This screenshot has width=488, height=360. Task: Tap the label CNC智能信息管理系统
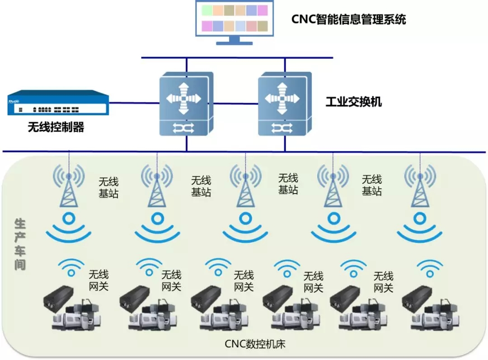[x=348, y=19]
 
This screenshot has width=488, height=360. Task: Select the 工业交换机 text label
[x=353, y=101]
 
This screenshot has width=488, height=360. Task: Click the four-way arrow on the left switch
[x=183, y=98]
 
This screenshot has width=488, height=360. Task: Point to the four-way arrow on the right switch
[x=282, y=98]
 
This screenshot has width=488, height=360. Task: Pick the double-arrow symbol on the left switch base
[x=183, y=128]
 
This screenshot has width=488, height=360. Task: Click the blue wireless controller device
[x=58, y=104]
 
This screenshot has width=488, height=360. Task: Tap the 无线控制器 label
[x=56, y=127]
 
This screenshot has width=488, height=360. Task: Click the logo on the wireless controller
[x=14, y=102]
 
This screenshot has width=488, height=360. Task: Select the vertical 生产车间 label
[x=20, y=244]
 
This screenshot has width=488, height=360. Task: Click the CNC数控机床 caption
[x=255, y=344]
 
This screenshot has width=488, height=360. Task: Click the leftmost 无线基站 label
[x=109, y=188]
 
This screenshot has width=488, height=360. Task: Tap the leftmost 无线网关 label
[x=99, y=280]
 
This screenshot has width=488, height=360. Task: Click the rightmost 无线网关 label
[x=383, y=282]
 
